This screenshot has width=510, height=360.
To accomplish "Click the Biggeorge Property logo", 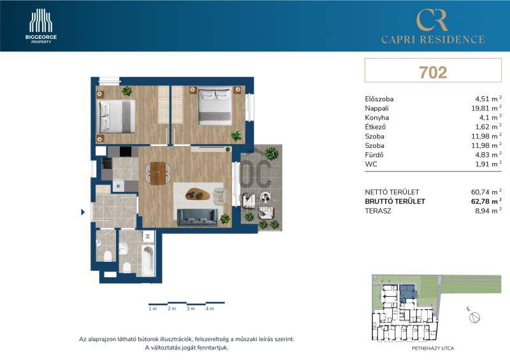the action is tap(41, 26).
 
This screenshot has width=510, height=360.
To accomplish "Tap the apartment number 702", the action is tap(433, 72).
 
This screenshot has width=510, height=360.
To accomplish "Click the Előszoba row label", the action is tap(379, 99).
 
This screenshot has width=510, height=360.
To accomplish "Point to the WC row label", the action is tap(371, 164).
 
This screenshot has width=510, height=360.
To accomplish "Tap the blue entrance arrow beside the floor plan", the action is tap(83, 212).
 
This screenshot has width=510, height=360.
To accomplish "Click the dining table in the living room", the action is tap(158, 173).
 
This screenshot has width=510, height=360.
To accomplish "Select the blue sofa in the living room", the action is tap(198, 217).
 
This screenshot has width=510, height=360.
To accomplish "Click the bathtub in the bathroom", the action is tap(148, 261).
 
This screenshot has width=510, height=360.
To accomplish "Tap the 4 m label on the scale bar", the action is tap(210, 308).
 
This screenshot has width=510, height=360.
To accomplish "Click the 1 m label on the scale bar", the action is tap(153, 308).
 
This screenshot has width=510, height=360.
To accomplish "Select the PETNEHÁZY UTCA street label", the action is tap(433, 349).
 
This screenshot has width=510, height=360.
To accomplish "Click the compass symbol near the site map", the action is tap(474, 317).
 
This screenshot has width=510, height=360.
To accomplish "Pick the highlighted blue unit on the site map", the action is tap(407, 293).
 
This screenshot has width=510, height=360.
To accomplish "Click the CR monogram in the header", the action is tap(433, 20).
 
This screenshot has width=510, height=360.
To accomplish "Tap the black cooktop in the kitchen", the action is tap(126, 152).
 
